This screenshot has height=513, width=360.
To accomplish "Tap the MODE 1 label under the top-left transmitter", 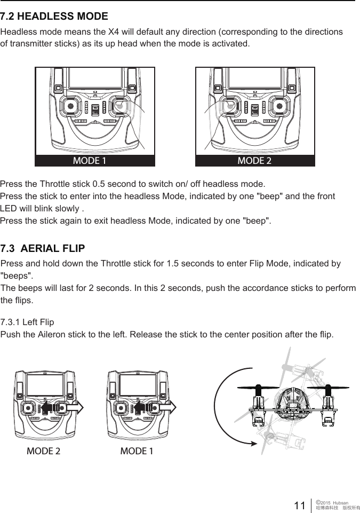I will click(89, 160).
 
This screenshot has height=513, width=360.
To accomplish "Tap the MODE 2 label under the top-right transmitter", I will click(254, 160).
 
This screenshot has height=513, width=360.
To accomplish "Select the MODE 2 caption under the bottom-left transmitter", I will click(43, 451).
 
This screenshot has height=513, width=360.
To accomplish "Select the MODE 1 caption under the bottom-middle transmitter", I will click(137, 451).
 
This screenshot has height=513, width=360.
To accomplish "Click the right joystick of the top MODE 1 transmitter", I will click(119, 106).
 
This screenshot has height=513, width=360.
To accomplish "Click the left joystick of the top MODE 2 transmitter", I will click(229, 106).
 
